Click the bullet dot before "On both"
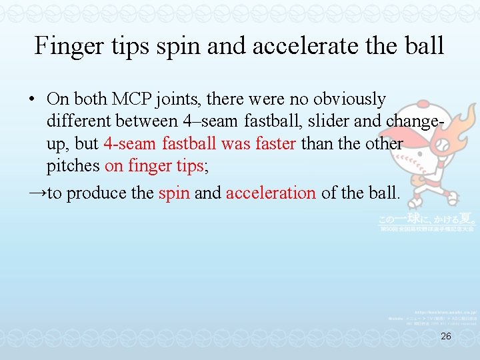(x=31, y=99)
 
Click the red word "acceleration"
(x=271, y=193)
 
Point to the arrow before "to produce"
(x=37, y=193)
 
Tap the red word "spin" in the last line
(x=173, y=193)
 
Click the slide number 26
(x=446, y=337)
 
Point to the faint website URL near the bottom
(x=443, y=311)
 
